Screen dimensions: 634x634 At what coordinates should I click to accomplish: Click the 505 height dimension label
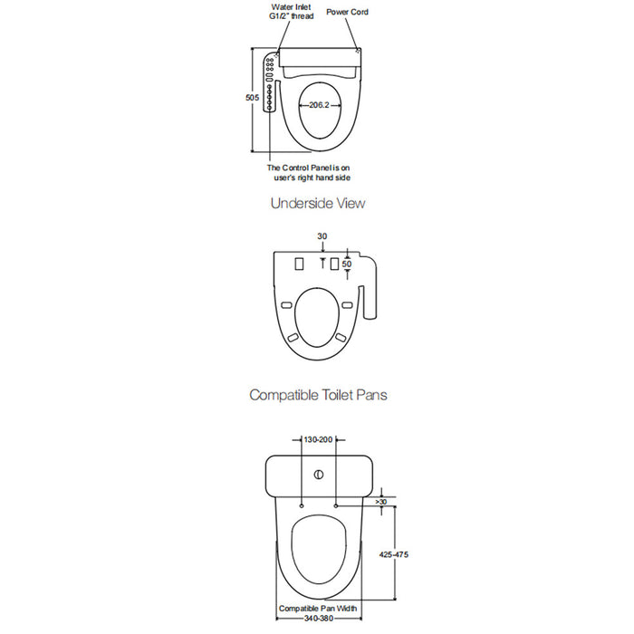[x=253, y=98]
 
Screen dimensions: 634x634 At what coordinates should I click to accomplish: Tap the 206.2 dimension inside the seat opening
[x=319, y=105]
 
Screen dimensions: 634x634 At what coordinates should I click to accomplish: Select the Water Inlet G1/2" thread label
[x=291, y=12]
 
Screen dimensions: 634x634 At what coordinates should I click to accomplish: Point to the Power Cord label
[x=347, y=12]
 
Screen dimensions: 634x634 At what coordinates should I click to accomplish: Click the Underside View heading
[x=318, y=203]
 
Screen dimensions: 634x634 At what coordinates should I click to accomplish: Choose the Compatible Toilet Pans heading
[x=318, y=395]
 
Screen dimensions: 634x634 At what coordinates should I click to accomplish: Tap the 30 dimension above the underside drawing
[x=322, y=236]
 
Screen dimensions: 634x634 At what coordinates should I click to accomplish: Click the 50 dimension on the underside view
[x=347, y=264]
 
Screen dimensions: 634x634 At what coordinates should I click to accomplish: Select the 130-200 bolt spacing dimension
[x=318, y=439]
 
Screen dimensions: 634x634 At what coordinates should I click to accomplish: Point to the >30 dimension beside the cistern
[x=381, y=502]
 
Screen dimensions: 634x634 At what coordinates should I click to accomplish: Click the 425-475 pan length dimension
[x=394, y=554]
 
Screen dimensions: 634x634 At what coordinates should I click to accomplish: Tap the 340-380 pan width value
[x=319, y=619]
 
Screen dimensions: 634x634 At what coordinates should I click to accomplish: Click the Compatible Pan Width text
[x=318, y=608]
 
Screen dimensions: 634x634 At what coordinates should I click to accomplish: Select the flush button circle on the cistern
[x=319, y=475]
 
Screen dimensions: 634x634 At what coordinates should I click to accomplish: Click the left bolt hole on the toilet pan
[x=302, y=505]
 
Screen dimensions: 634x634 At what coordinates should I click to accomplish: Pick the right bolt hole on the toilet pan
[x=336, y=505]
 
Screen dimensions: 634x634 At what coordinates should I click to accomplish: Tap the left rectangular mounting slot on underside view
[x=299, y=264]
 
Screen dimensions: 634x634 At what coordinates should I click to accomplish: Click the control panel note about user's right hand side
[x=309, y=173]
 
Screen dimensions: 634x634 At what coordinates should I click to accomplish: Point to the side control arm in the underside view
[x=369, y=286]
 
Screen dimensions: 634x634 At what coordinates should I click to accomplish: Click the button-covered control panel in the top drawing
[x=270, y=83]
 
